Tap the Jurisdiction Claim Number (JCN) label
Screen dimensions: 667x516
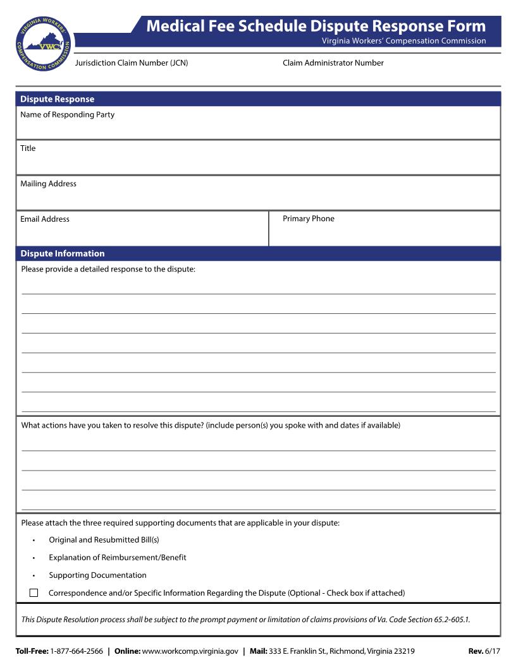pos(132,63)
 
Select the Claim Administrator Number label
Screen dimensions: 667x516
pos(333,63)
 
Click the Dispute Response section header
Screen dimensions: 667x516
pos(57,99)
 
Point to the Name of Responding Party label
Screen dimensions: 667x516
pos(67,115)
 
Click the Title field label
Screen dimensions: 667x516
pos(28,148)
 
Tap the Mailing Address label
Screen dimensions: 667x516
pos(48,184)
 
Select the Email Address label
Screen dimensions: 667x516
pos(45,219)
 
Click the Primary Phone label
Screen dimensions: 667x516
pos(309,219)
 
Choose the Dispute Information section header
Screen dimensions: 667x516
pos(62,253)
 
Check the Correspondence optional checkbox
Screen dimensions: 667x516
pos(34,593)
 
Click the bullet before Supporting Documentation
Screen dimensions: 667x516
pos(34,576)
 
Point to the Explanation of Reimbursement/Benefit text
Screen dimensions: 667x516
pos(118,558)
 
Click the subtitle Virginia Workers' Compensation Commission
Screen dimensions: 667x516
pos(403,41)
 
